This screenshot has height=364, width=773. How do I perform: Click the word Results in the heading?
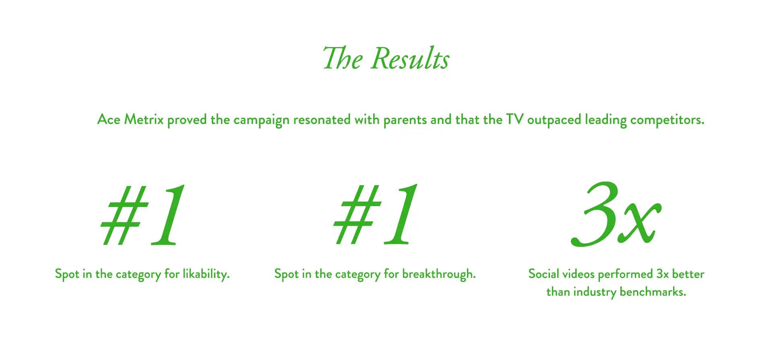click(x=410, y=59)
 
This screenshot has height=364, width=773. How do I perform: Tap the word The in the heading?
click(x=343, y=59)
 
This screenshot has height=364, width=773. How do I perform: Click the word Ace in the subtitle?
click(x=109, y=120)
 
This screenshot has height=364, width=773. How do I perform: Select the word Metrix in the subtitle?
click(x=144, y=120)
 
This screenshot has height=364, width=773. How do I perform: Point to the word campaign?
click(x=261, y=120)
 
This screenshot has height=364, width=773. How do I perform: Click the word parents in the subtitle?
click(x=405, y=120)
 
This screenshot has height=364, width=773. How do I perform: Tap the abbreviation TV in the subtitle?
click(x=515, y=120)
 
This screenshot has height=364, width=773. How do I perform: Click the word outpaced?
click(x=554, y=120)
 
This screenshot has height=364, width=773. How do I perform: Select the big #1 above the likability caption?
click(x=143, y=215)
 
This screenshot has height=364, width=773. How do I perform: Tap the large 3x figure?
click(x=616, y=214)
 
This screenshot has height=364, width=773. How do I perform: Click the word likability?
click(x=206, y=274)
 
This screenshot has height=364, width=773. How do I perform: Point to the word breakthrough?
click(x=439, y=274)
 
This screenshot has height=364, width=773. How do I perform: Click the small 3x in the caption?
click(x=662, y=274)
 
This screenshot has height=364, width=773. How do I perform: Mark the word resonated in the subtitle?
click(x=322, y=120)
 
